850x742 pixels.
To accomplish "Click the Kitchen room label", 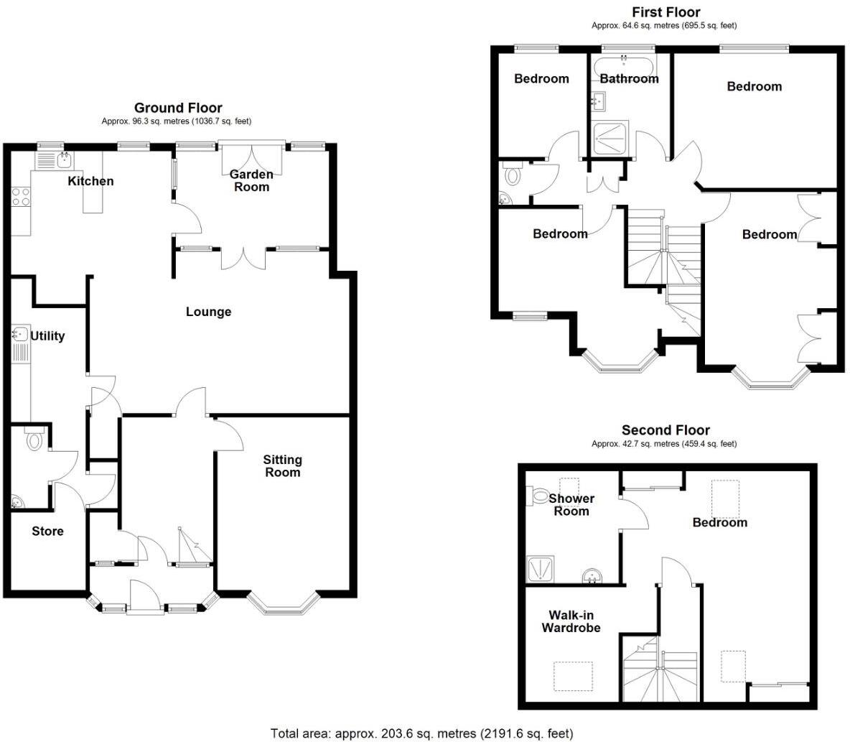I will coord(90,181).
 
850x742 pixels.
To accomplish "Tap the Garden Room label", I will coord(251,181).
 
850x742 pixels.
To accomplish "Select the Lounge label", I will coord(208,312).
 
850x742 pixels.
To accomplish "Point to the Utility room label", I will coord(47,336).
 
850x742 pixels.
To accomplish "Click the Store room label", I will coord(47,532).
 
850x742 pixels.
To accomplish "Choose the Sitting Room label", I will coord(282,465).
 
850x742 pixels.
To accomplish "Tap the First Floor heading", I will coord(665,12).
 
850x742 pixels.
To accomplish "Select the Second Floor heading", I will coord(665,430).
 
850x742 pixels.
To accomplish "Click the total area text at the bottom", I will coord(422,733).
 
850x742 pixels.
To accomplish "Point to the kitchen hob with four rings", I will coord(21,197).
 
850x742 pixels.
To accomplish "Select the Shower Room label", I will coord(571,504).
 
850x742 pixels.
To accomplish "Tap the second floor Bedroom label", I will coord(719,522).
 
